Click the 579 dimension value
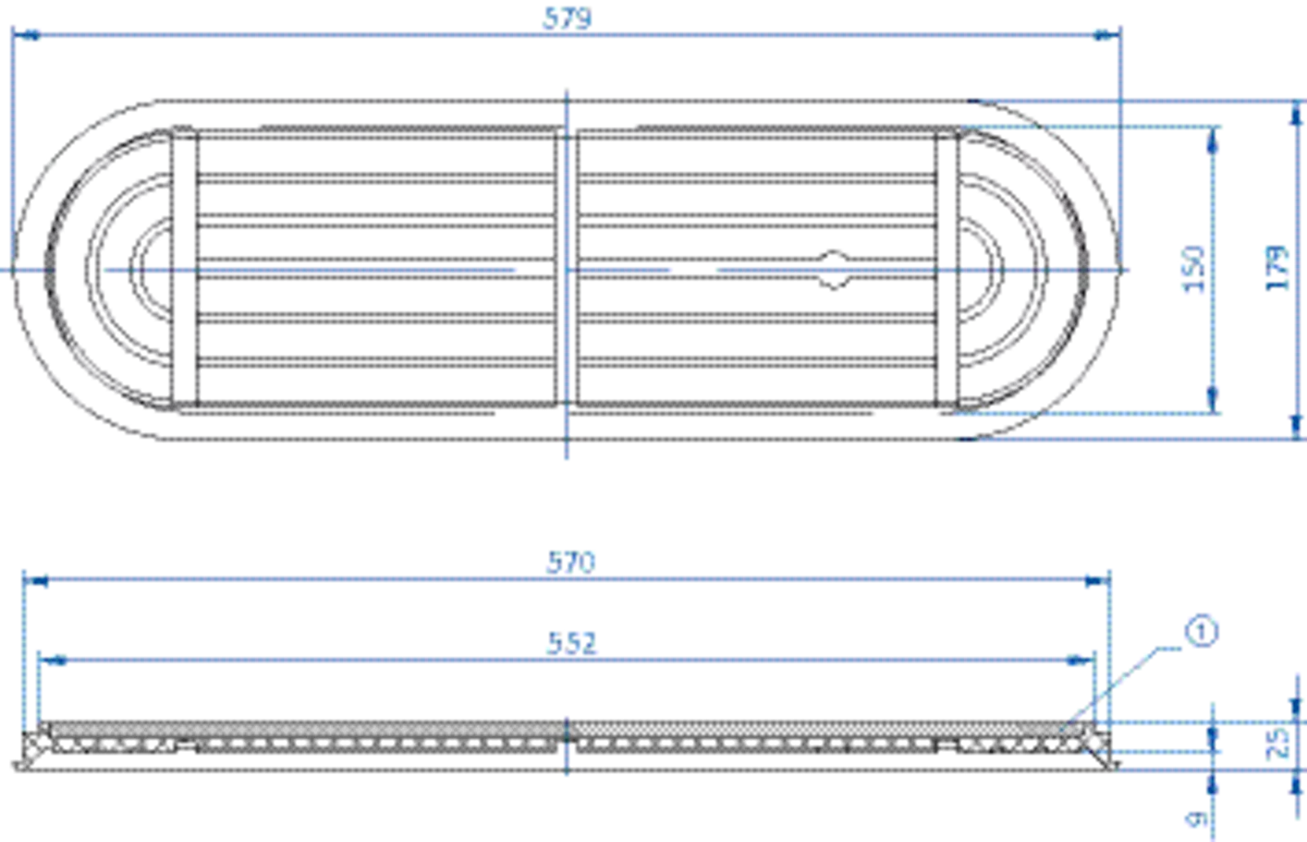(567, 18)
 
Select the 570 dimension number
(571, 562)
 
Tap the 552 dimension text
(572, 643)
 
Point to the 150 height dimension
(1194, 269)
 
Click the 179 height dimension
(1277, 268)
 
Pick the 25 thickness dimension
(1278, 742)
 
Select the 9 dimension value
(1197, 819)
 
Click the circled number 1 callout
(1202, 633)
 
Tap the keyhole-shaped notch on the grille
(833, 270)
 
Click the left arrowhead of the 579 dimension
(26, 36)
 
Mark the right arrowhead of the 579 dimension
(1106, 36)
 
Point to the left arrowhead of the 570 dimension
(36, 580)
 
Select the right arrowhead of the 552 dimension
(1080, 661)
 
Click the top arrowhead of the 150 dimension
(1213, 140)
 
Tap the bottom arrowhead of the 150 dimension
(1213, 400)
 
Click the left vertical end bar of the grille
(185, 269)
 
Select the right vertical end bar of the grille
(947, 269)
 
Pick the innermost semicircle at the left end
(150, 269)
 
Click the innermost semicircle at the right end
(981, 269)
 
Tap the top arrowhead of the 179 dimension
(1296, 114)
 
